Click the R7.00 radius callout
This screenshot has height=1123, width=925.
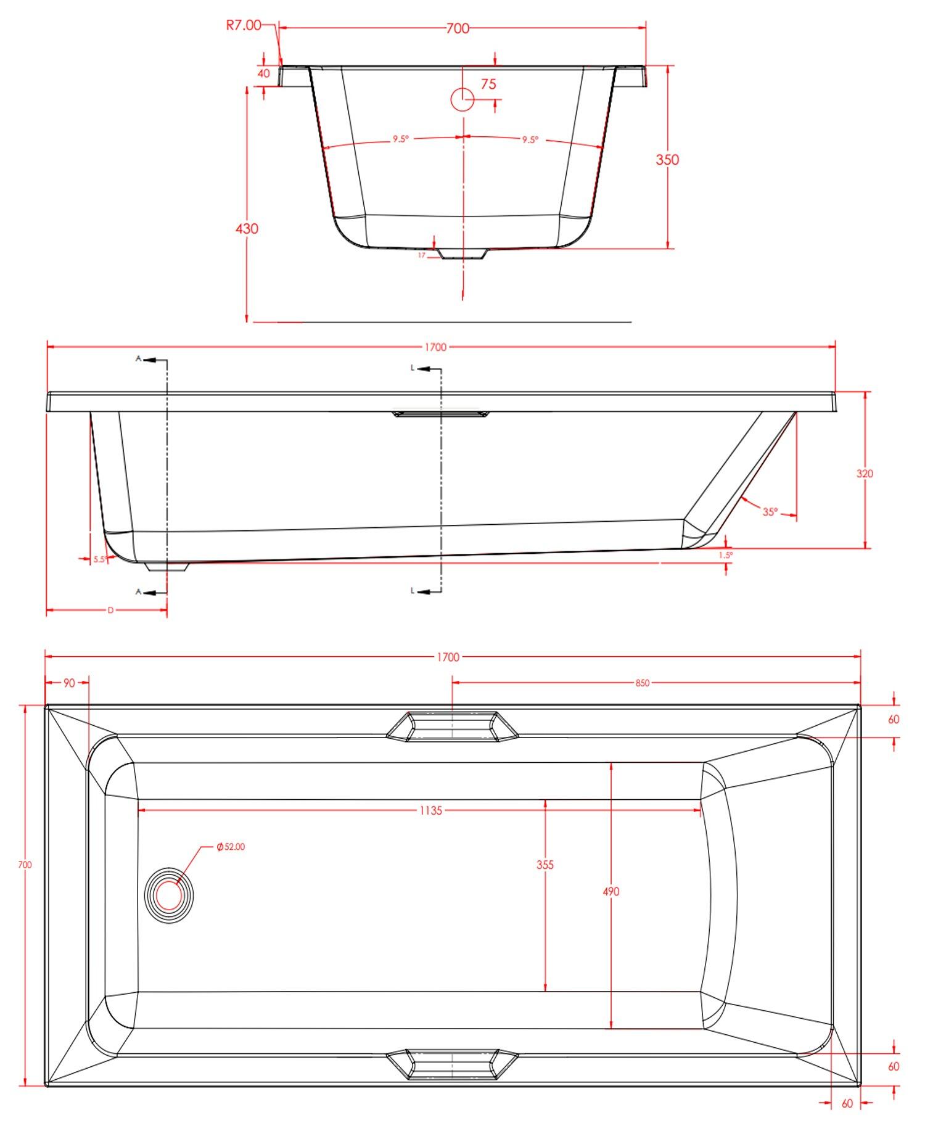[x=244, y=25]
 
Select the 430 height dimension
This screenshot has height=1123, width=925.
[x=247, y=229]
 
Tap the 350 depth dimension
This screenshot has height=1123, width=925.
[x=667, y=160]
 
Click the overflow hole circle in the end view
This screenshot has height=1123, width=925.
[x=462, y=99]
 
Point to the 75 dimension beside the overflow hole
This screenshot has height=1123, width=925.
[x=488, y=84]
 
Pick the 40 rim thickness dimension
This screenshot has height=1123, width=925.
[x=264, y=73]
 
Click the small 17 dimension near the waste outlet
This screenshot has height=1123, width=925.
[x=422, y=255]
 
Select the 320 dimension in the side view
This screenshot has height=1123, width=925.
[x=865, y=474]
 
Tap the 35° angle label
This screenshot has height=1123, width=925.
[x=770, y=512]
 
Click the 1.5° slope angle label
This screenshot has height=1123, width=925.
[x=726, y=555]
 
